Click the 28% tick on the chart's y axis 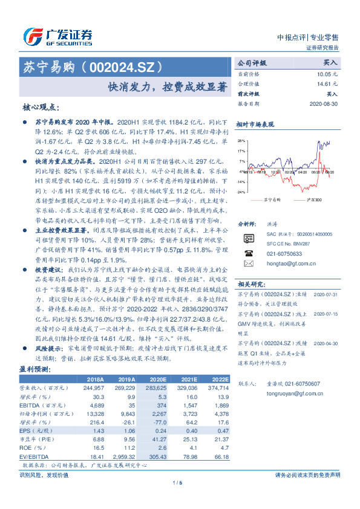pos(242,140)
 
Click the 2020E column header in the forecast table pos(159,378)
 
